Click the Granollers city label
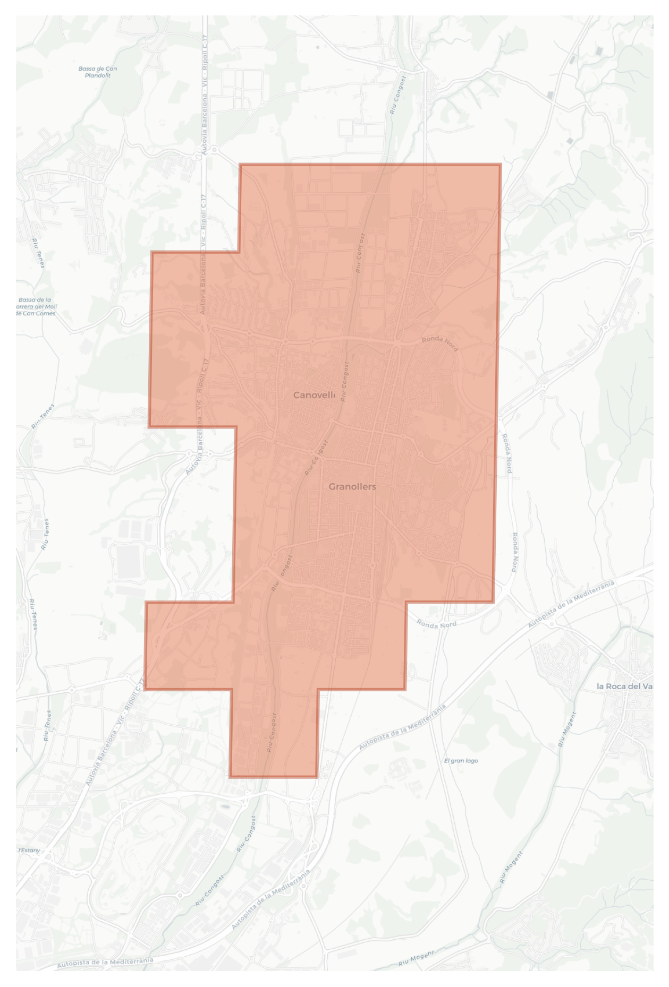[352, 486]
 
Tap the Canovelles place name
[314, 395]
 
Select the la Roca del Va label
[624, 686]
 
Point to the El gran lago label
[461, 761]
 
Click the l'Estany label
[29, 850]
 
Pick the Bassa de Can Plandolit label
[98, 72]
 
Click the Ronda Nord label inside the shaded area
[439, 344]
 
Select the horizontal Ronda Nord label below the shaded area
[436, 625]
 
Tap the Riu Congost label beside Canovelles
[345, 381]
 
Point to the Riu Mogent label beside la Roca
[567, 730]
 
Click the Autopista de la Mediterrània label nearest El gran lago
[402, 727]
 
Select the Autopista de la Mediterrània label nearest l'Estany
[105, 962]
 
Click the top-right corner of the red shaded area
[500, 165]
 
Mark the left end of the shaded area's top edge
[240, 165]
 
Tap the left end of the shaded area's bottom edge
[230, 777]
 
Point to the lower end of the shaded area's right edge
[494, 602]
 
